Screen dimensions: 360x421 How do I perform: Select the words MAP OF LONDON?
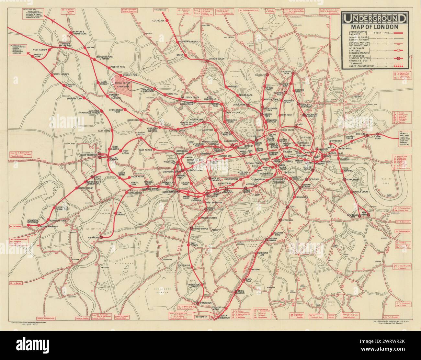pos(374,27)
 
